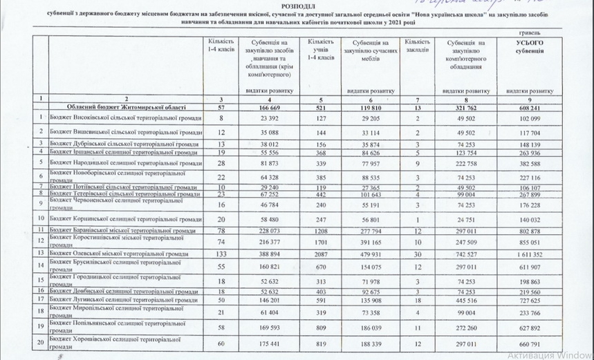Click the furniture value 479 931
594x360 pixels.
(x=373, y=254)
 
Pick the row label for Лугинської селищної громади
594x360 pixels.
(x=126, y=300)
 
